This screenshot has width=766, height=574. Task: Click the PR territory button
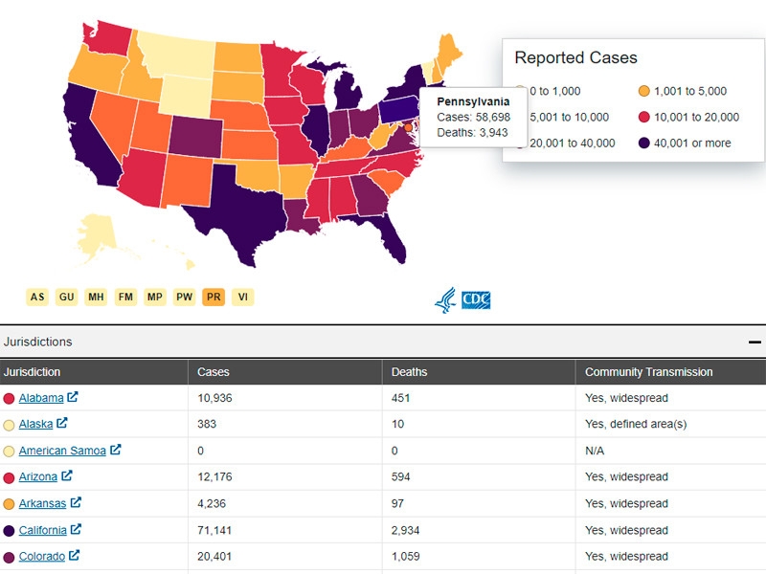tap(214, 297)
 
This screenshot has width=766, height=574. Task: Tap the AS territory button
tap(37, 297)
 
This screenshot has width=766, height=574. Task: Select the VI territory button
tap(243, 297)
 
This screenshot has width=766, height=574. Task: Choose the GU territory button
tap(67, 297)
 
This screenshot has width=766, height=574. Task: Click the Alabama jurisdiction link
tap(41, 398)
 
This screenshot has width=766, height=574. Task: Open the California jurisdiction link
tap(43, 530)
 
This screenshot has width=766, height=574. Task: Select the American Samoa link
tap(63, 451)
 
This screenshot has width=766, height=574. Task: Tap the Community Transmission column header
tap(648, 372)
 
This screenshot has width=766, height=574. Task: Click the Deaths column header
tap(410, 372)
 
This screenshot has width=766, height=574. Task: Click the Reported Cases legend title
tap(575, 58)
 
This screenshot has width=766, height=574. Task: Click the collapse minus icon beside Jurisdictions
tap(755, 342)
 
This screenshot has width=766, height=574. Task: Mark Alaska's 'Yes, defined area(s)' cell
tap(636, 424)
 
